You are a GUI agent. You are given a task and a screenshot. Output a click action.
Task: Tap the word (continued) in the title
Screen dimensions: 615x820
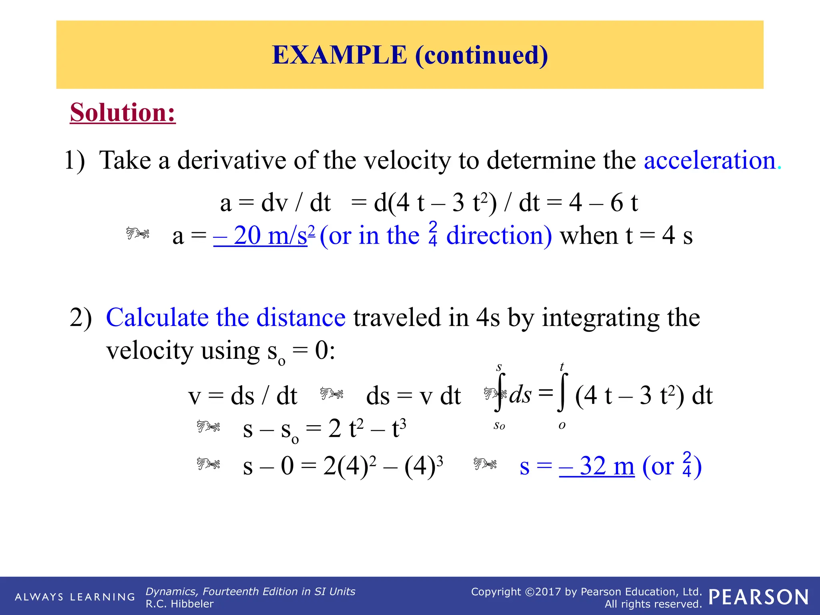(x=481, y=55)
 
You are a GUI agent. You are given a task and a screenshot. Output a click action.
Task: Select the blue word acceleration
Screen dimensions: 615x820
(x=710, y=160)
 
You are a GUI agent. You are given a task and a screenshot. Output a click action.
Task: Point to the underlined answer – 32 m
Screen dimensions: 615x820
(x=597, y=466)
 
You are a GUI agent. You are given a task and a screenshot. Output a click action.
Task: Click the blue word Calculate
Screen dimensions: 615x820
(x=157, y=318)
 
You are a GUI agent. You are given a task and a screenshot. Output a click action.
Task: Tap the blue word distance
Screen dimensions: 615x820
(x=301, y=318)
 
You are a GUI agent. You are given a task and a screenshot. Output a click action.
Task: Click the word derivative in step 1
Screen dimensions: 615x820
(x=232, y=160)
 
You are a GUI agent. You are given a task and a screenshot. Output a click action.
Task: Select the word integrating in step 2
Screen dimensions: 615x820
(x=601, y=318)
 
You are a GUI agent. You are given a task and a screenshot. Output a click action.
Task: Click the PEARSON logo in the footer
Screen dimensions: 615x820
(x=758, y=597)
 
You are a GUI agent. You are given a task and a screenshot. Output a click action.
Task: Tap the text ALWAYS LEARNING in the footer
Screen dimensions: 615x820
(x=75, y=597)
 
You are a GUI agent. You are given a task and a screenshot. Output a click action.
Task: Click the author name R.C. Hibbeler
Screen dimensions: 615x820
(x=179, y=604)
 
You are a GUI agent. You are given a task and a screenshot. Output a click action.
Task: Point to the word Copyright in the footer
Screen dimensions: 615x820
(x=496, y=592)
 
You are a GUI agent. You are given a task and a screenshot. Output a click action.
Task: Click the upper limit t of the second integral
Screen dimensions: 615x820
(x=562, y=366)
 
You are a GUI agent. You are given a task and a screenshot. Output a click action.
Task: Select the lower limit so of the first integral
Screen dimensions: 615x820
(x=499, y=425)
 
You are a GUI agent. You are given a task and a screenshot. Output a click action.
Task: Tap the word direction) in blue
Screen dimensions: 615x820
(x=499, y=235)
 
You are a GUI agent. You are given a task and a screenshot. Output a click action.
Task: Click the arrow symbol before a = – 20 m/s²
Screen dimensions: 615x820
(x=138, y=233)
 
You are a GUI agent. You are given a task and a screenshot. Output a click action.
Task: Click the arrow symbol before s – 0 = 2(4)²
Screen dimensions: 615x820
(x=208, y=464)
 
